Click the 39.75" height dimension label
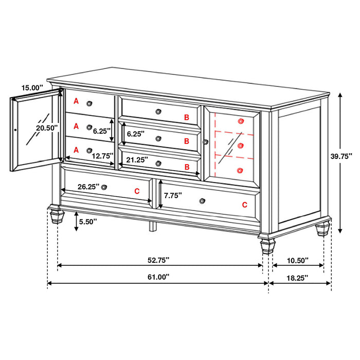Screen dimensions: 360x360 tap(341, 157)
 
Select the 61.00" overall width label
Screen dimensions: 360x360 tap(158, 277)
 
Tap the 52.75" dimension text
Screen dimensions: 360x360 tap(158, 260)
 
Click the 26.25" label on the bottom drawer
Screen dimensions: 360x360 tap(87, 187)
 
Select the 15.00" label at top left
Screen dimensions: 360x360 tap(32, 88)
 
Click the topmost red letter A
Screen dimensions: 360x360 tap(76, 101)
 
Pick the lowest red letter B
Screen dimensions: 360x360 tap(187, 167)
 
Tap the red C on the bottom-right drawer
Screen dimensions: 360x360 tap(244, 204)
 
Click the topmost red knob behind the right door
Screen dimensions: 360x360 tap(241, 121)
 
